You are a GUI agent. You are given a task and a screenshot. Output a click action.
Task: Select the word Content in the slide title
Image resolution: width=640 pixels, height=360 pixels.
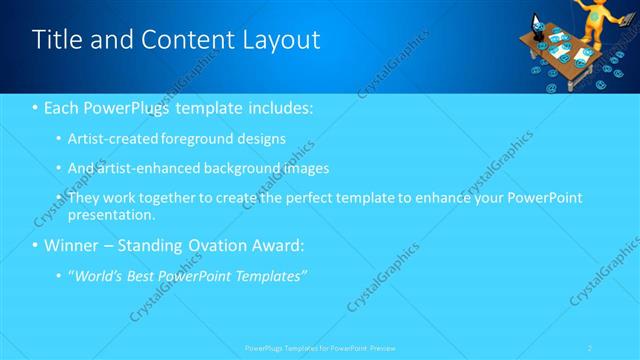[184, 40]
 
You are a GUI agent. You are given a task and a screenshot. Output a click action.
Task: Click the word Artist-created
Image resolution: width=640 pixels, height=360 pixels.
[112, 138]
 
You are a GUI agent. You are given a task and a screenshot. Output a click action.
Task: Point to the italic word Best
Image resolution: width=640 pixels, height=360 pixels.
[141, 276]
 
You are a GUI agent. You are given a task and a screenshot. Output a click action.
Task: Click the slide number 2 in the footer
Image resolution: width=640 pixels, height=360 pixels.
[590, 348]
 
